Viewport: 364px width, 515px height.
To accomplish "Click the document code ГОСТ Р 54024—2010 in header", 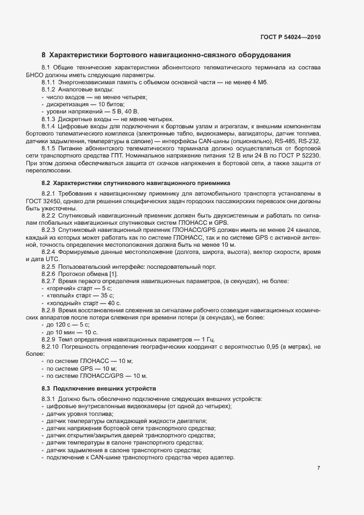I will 290,37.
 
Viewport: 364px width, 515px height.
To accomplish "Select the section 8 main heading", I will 166,55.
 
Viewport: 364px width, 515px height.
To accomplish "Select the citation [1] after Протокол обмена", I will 113,274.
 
